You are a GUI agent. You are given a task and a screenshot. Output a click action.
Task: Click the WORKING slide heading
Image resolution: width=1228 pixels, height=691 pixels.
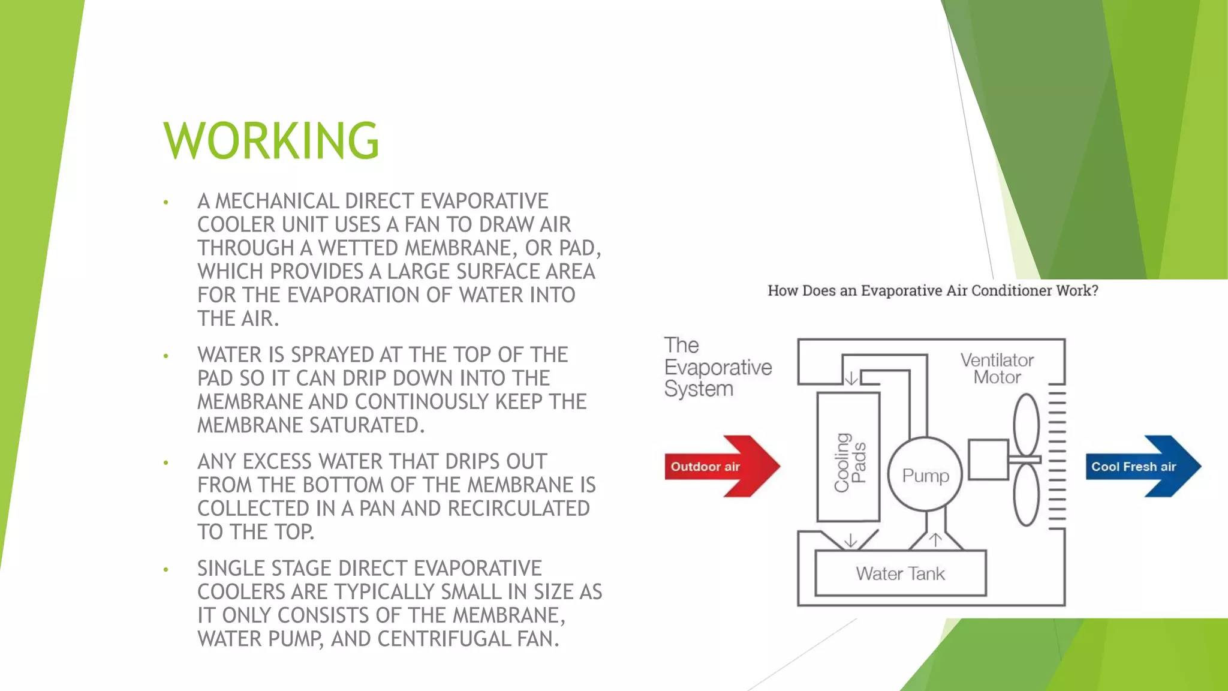coord(271,141)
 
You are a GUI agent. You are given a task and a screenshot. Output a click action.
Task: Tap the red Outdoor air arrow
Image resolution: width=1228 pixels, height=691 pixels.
coord(720,466)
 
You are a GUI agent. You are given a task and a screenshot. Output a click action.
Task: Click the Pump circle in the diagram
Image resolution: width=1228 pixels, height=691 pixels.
coord(925,474)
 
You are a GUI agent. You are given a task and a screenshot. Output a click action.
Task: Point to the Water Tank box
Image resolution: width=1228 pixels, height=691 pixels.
coord(900,573)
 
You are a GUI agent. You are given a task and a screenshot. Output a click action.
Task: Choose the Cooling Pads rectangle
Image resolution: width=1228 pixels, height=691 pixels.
coord(848,458)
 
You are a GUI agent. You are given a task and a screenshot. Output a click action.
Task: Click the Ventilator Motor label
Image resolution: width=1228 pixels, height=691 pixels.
coord(997,368)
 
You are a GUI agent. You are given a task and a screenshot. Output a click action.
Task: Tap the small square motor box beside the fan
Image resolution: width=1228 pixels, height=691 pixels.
coord(988,459)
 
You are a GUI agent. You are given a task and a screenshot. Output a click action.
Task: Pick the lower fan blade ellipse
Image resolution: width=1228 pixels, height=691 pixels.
coord(1026,496)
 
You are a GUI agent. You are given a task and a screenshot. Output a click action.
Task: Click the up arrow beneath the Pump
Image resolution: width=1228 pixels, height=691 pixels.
coord(935,540)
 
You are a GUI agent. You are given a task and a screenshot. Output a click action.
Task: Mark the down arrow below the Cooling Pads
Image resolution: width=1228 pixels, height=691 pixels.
coord(850,541)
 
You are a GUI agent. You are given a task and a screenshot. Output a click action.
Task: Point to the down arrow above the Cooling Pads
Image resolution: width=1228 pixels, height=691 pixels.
coord(851,378)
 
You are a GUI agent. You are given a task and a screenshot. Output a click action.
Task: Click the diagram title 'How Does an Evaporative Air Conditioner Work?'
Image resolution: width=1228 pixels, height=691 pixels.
coord(933,291)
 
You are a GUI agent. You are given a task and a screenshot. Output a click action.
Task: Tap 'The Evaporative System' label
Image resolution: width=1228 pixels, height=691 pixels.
coord(717,367)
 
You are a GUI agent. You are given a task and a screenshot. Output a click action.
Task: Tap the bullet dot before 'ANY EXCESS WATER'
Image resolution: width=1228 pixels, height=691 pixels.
coord(166,463)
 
